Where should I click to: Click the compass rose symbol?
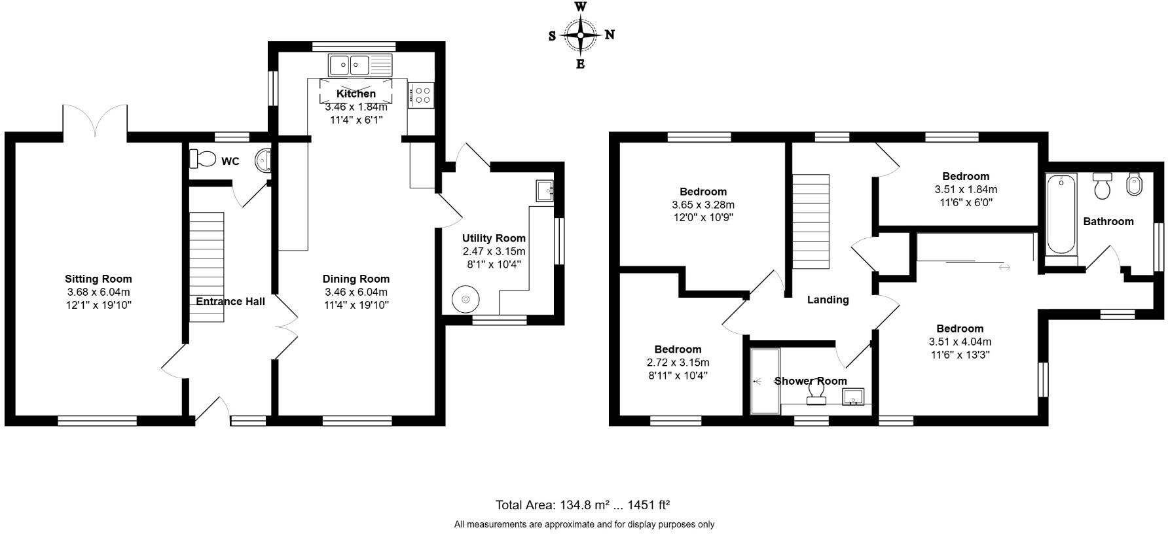click(x=581, y=35)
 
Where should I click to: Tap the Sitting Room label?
click(x=98, y=279)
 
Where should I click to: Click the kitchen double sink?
click(x=350, y=65)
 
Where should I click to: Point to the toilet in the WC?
click(x=203, y=158)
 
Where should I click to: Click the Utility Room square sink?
click(x=545, y=190)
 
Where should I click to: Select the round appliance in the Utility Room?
click(x=465, y=300)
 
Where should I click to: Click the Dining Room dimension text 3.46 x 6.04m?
click(x=356, y=292)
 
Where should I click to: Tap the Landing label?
click(x=828, y=300)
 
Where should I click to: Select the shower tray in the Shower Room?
click(x=764, y=381)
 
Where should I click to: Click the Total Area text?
click(x=582, y=505)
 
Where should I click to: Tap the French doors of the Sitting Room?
click(x=95, y=122)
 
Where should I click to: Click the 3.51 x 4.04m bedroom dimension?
click(x=960, y=342)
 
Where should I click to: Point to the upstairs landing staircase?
click(x=811, y=221)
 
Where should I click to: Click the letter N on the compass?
click(x=610, y=35)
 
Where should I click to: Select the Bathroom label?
click(x=1108, y=221)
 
